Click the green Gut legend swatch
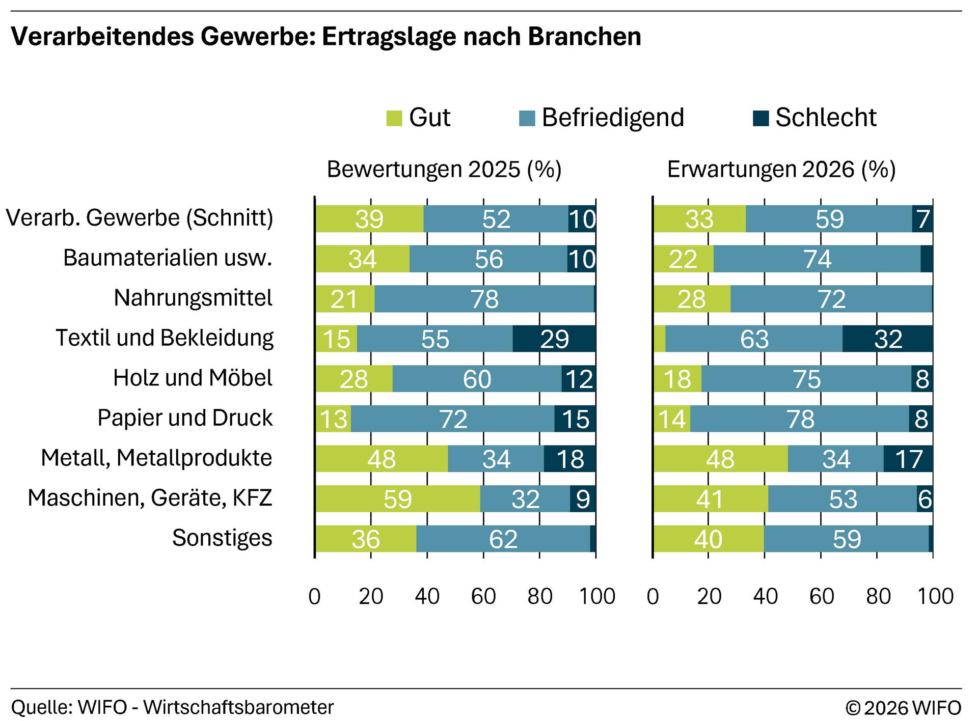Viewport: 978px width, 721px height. [x=394, y=119]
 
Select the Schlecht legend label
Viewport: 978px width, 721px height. [x=825, y=118]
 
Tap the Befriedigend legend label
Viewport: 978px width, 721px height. [x=612, y=118]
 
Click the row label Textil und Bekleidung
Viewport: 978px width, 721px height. [x=165, y=338]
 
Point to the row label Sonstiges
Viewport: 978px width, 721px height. [x=222, y=538]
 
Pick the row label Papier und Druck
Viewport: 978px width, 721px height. [x=185, y=418]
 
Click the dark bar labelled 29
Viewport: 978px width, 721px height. [x=554, y=339]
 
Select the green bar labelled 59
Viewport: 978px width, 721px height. [x=397, y=498]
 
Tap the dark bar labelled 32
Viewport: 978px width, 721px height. [x=888, y=339]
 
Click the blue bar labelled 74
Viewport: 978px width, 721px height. [x=817, y=259]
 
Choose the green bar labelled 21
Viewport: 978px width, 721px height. [x=345, y=299]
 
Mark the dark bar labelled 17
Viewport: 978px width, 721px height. [x=908, y=459]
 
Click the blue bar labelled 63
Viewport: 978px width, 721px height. [x=754, y=339]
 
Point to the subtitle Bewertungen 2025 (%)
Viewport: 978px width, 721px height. [x=444, y=170]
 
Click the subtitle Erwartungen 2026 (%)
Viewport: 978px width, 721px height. [x=781, y=170]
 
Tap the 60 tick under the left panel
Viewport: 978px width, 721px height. [x=483, y=596]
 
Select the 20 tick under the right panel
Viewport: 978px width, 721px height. [x=709, y=596]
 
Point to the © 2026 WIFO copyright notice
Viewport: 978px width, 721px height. [x=903, y=707]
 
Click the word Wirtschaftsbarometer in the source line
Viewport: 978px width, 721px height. [x=238, y=707]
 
